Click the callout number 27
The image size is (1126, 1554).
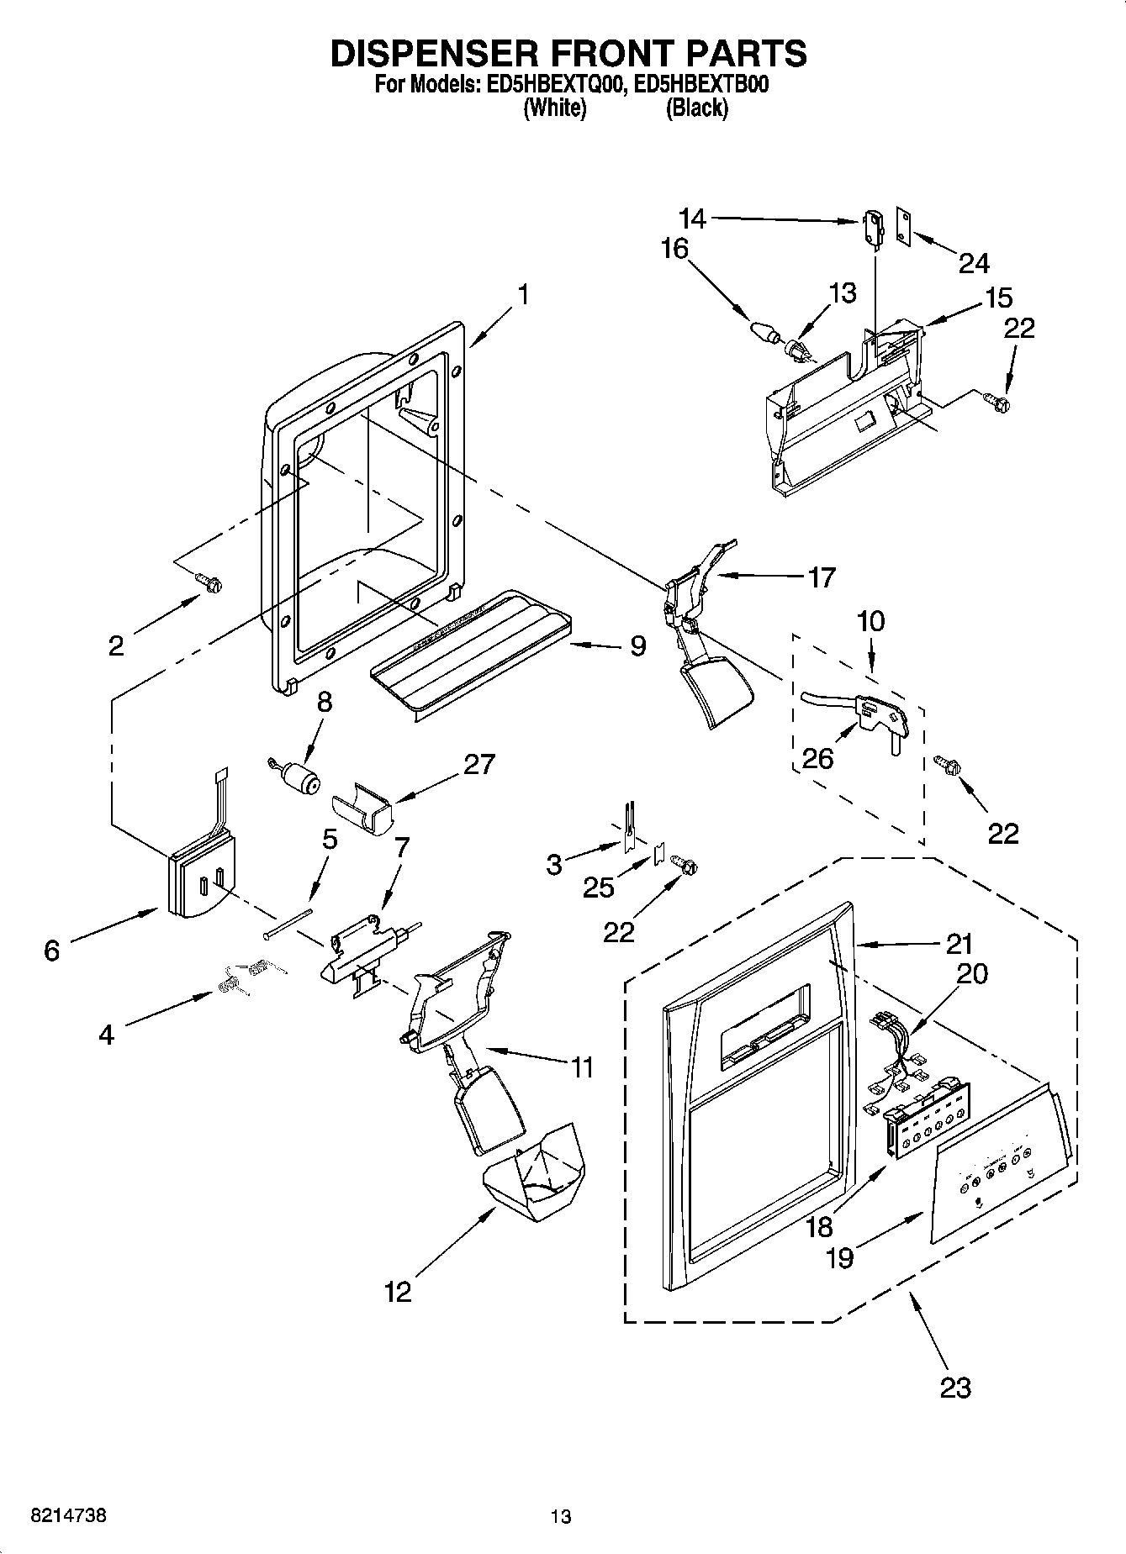pyautogui.click(x=478, y=764)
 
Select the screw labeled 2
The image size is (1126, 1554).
pyautogui.click(x=208, y=581)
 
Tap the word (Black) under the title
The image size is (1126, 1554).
pyautogui.click(x=696, y=108)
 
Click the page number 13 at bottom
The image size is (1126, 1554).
pyautogui.click(x=561, y=1516)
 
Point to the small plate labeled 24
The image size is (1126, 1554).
pyautogui.click(x=904, y=229)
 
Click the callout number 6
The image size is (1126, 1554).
pyautogui.click(x=52, y=951)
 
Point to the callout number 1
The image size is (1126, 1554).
pyautogui.click(x=523, y=295)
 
